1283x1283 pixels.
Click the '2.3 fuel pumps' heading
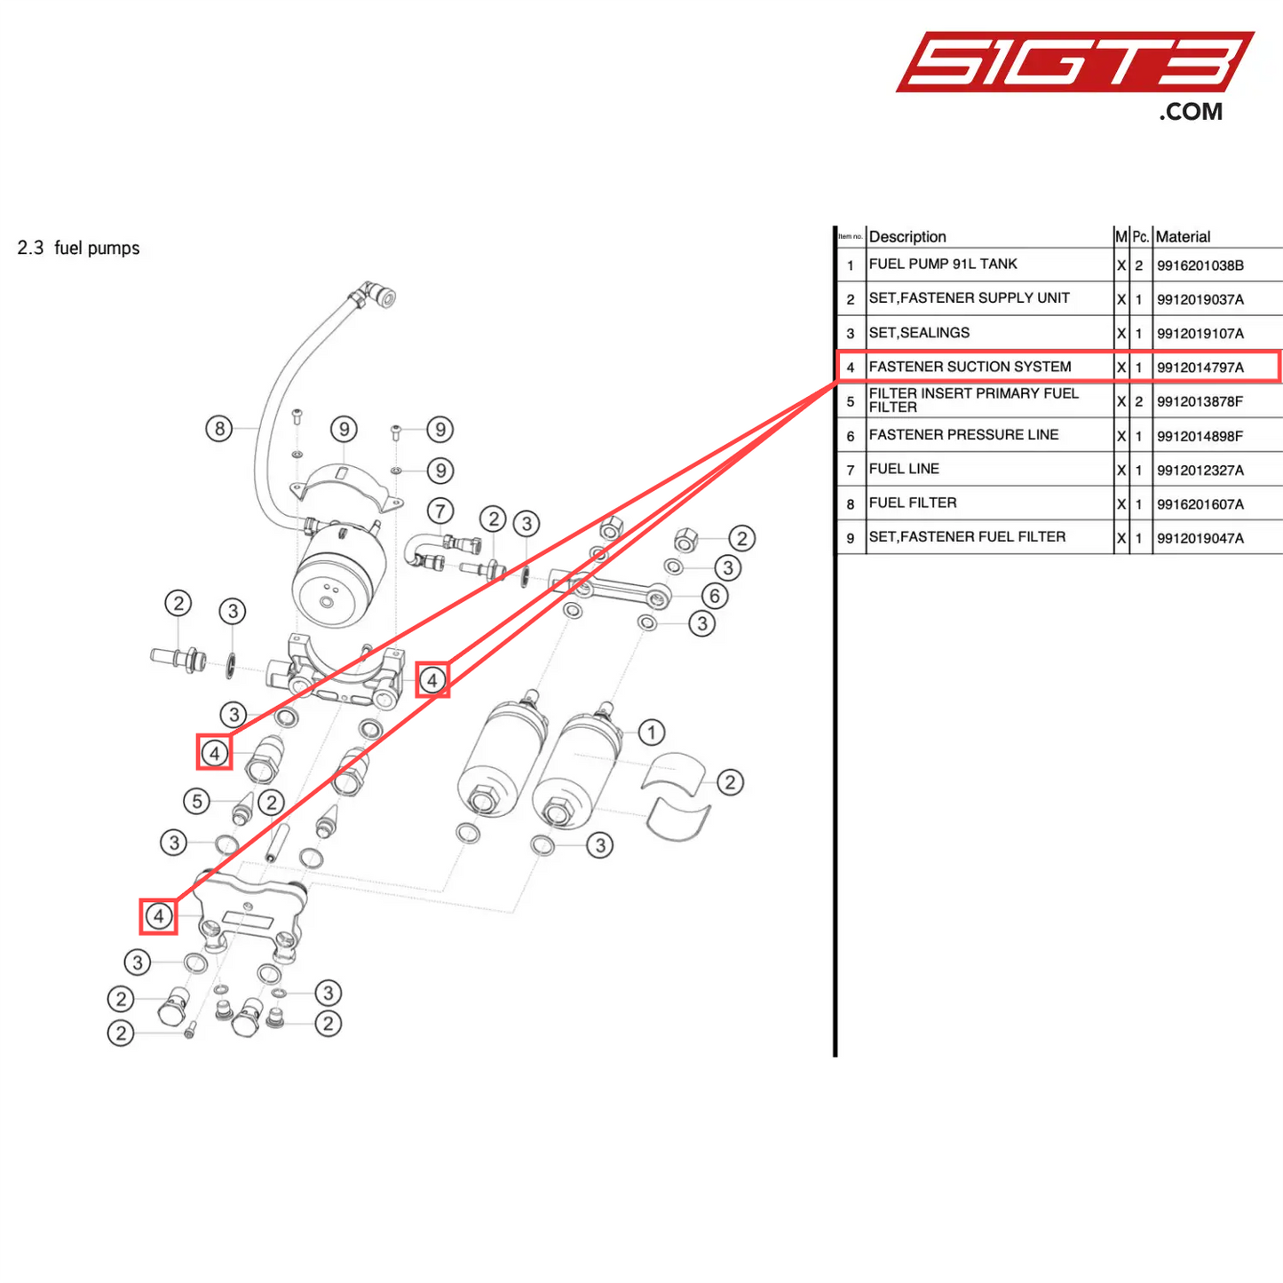78,249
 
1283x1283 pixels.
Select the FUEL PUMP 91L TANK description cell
943,265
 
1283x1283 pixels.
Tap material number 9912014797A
1200,368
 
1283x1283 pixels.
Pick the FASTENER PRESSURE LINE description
963,435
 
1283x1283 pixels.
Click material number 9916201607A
1200,504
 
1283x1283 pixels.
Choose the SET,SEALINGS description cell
919,333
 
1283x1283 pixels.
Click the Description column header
907,237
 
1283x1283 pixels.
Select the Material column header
1183,237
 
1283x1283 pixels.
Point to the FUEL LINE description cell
904,469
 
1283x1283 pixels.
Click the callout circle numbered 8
219,429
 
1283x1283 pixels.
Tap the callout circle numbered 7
440,511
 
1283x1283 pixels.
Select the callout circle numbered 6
714,596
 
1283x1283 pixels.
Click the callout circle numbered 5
197,801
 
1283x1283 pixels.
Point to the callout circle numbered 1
651,733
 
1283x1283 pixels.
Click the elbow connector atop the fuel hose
376,294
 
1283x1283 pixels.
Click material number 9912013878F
1200,401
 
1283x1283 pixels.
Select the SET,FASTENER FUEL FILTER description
967,537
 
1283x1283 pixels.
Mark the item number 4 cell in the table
851,368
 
